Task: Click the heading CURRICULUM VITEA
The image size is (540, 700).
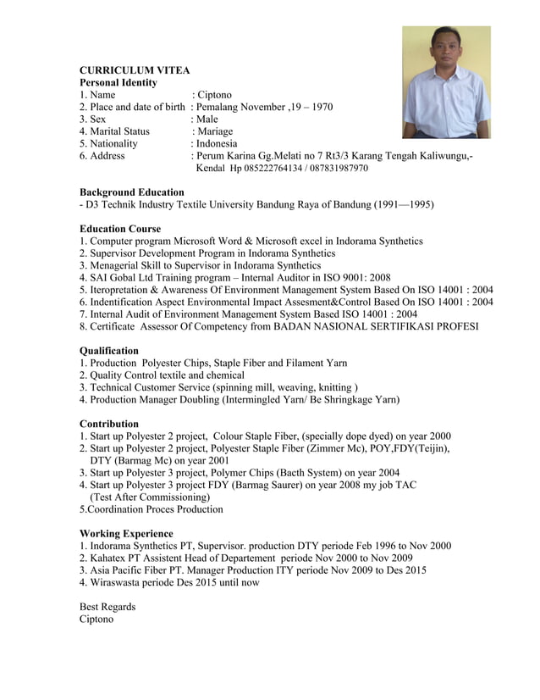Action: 134,70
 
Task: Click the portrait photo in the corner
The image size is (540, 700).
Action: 446,82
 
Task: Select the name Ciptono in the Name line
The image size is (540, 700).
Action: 214,95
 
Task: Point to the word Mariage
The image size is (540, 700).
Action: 215,131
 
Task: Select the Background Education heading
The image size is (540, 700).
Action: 131,192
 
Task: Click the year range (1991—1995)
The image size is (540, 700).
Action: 403,205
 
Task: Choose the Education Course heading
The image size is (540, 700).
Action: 119,229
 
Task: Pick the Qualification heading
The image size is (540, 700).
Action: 108,351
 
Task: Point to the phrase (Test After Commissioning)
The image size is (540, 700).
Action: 150,497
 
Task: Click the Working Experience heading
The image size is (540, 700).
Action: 125,534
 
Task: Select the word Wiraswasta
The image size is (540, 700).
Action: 118,582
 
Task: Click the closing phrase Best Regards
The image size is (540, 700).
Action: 107,607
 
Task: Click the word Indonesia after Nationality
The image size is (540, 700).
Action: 217,144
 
